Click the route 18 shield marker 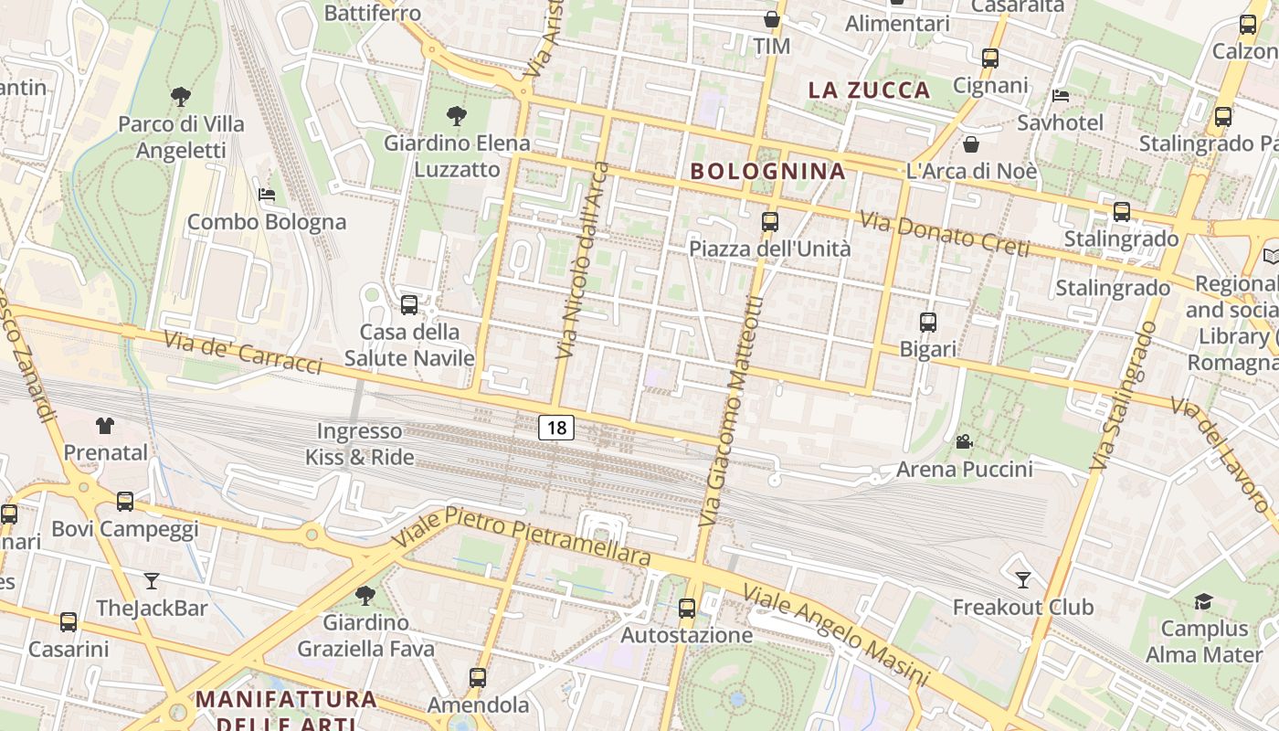coord(555,427)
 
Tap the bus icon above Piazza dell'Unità coord(770,221)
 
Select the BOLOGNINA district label coord(767,171)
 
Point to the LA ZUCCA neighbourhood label coord(870,90)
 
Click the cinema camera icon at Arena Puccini coord(964,442)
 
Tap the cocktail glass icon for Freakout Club coord(1023,579)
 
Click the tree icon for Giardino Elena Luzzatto coord(457,115)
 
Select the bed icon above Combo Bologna coord(267,195)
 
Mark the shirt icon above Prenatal coord(105,425)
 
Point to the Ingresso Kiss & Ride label coord(360,444)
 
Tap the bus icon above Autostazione coord(687,608)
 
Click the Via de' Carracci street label coord(243,352)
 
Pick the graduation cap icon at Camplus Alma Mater coord(1203,601)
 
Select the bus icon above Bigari coord(928,322)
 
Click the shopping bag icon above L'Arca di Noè coord(971,144)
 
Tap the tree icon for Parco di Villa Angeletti coord(181,96)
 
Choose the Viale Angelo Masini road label coord(835,636)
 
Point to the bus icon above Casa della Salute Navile coord(409,304)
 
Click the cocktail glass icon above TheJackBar coord(152,580)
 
